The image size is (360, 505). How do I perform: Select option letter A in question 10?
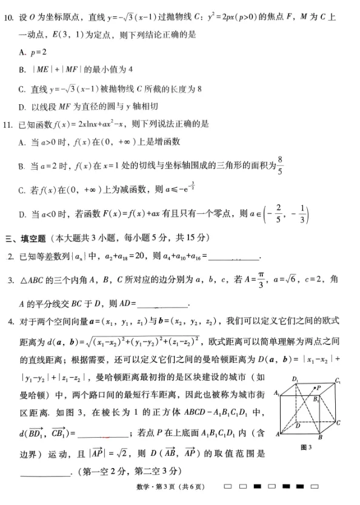(22, 53)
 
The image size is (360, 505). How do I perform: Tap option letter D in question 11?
(22, 214)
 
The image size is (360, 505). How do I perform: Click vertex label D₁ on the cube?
(295, 380)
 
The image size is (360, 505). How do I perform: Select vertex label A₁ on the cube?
(276, 394)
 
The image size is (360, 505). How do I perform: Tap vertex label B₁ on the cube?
(316, 400)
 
